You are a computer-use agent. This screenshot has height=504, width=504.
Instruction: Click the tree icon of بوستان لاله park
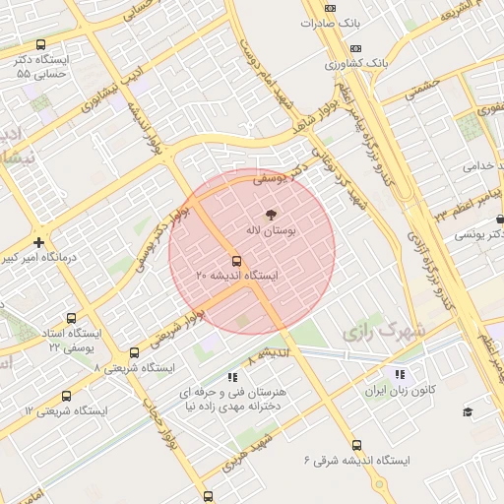click(271, 214)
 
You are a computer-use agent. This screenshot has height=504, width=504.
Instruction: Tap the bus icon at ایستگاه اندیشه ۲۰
click(236, 261)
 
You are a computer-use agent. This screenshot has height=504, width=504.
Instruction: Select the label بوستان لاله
click(271, 229)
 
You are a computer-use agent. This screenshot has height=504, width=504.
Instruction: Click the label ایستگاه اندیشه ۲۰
click(236, 277)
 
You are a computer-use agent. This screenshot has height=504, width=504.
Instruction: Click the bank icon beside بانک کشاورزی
click(355, 47)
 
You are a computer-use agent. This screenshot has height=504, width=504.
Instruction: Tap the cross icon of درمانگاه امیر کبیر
click(38, 242)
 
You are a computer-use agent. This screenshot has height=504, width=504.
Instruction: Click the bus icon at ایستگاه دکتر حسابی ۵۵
click(40, 45)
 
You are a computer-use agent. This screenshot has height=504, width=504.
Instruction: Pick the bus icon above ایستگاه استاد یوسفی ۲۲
click(71, 318)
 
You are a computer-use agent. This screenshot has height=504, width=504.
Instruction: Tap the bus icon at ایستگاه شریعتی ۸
click(134, 352)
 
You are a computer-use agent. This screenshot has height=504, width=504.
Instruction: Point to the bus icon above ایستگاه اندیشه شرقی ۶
click(355, 444)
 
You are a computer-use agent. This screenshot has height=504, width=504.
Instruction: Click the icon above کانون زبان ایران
click(400, 374)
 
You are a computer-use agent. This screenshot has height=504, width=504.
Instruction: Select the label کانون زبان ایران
click(400, 391)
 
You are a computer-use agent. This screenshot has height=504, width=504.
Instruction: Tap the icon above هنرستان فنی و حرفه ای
click(232, 376)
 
